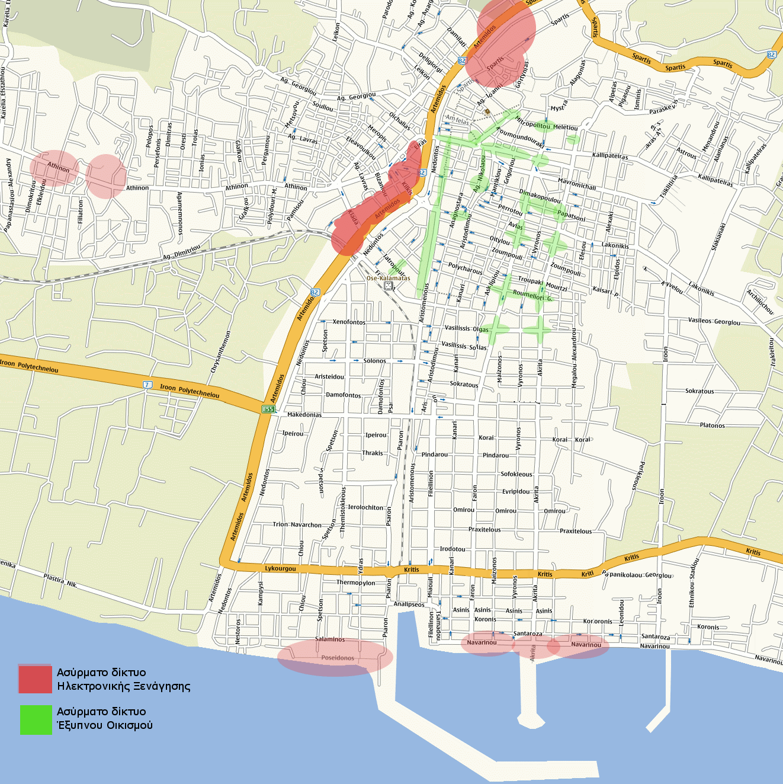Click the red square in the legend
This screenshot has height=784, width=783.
[35, 679]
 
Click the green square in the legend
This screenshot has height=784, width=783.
[36, 719]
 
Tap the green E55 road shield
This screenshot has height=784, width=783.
[268, 409]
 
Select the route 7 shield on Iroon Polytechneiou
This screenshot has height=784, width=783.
[147, 385]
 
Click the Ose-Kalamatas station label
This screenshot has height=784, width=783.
[388, 278]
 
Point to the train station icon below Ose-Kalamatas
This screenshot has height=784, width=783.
[389, 286]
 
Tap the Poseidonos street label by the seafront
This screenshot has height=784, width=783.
[338, 658]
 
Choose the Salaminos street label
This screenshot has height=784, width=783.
[330, 639]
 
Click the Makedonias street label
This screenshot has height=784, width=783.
[304, 415]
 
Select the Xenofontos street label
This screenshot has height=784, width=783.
[349, 322]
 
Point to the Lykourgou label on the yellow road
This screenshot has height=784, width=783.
[280, 569]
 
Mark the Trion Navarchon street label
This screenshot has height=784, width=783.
[297, 524]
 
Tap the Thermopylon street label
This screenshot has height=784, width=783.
[355, 583]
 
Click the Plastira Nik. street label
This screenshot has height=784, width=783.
[60, 580]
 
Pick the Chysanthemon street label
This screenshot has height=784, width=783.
[220, 352]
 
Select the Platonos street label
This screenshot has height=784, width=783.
[712, 425]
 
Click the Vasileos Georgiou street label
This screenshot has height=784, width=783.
[714, 321]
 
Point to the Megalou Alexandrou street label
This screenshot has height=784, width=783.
[573, 359]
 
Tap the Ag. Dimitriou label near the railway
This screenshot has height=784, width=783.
[181, 252]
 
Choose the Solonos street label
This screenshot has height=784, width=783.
[374, 361]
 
